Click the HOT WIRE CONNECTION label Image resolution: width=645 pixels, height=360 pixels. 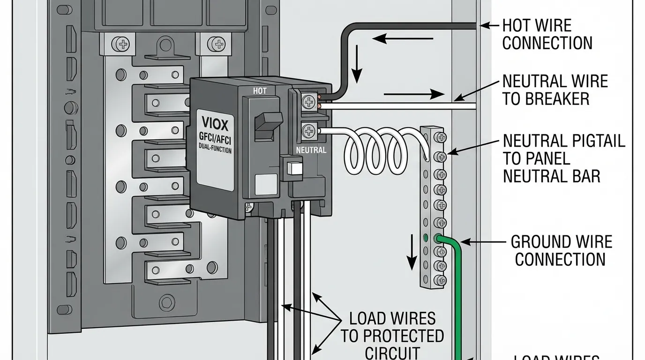pyautogui.click(x=547, y=34)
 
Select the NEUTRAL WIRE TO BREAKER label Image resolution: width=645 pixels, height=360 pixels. pyautogui.click(x=555, y=90)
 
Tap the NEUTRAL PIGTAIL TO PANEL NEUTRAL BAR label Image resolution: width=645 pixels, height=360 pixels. pyautogui.click(x=563, y=158)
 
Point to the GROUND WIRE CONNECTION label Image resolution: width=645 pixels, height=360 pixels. pyautogui.click(x=561, y=250)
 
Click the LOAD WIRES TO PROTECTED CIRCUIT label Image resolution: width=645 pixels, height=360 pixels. pyautogui.click(x=392, y=336)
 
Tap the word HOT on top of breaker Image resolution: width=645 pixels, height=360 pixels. pyautogui.click(x=260, y=91)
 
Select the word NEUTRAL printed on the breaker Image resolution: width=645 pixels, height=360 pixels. pyautogui.click(x=311, y=150)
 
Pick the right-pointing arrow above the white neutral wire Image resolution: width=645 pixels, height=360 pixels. pyautogui.click(x=413, y=94)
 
